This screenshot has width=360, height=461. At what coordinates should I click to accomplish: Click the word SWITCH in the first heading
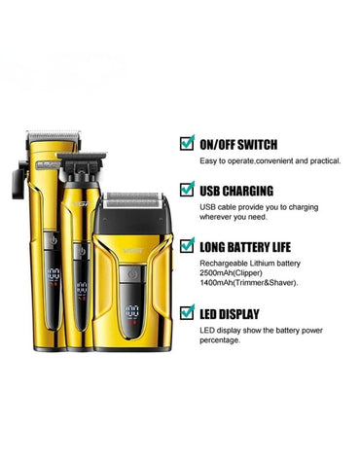click(x=252, y=142)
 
